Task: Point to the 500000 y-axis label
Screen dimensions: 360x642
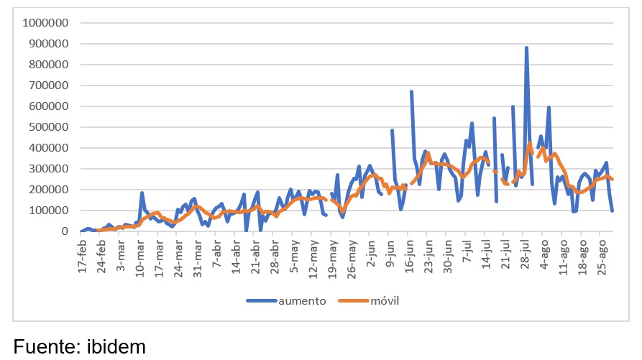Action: click(50, 127)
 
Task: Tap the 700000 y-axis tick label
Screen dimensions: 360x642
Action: click(50, 86)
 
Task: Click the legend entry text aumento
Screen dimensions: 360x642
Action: click(303, 300)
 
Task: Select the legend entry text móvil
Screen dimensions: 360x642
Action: click(384, 300)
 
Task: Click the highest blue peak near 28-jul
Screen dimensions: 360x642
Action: click(526, 47)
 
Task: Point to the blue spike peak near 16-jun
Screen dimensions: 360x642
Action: click(411, 91)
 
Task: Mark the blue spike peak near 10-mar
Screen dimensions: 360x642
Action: click(142, 193)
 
